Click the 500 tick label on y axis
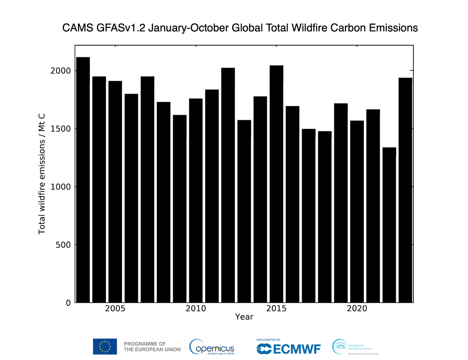tap(64, 245)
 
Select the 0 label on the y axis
tap(68, 303)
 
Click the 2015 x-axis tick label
tap(277, 309)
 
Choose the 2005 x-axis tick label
tap(115, 309)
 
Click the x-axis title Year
tap(244, 317)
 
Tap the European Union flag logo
tap(105, 346)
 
